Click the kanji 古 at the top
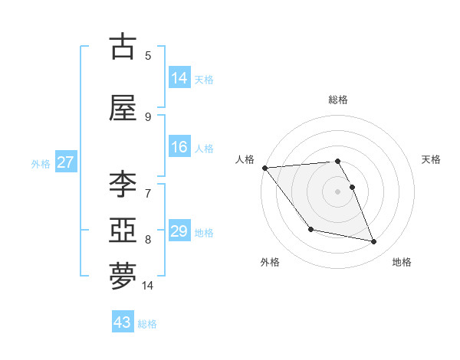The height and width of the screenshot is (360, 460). coord(123,47)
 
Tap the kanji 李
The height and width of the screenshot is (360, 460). coord(123,185)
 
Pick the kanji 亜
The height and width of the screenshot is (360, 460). coord(123,231)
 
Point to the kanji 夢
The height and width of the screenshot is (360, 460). coord(123,277)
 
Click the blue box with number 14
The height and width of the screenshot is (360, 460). coord(179,77)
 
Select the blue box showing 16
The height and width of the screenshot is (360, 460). coord(179,147)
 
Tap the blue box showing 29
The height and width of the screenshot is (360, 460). coord(179,231)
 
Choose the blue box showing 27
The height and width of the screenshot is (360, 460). coord(65,162)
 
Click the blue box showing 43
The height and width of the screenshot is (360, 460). coord(122,322)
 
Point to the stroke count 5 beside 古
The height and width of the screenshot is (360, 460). coord(148,55)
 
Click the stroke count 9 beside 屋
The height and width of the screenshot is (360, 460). coord(148,116)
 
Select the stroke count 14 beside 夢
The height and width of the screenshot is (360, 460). coord(148,286)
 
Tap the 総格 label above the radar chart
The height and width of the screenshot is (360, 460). coord(338,100)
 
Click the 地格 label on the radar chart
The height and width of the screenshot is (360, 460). coord(402,262)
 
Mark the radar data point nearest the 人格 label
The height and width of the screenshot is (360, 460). coord(264,167)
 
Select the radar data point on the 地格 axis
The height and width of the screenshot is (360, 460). coord(374,242)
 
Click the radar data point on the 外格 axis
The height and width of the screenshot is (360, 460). coord(310,229)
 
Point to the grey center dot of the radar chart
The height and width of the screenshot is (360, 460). coord(338,191)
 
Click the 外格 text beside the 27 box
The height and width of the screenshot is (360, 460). coord(41,163)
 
